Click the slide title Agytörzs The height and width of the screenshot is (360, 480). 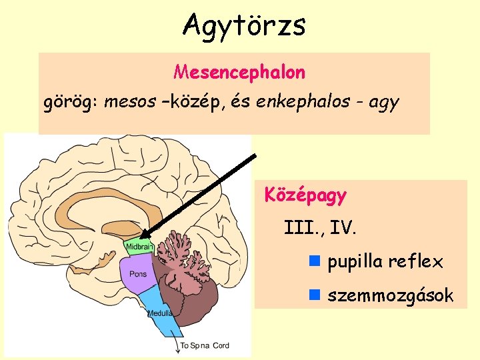pos(244,25)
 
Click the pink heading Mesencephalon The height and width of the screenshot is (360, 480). pos(239,71)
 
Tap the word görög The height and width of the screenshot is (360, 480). pos(65,103)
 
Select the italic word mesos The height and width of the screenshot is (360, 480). pos(127,103)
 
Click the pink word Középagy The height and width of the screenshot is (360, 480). pos(305,196)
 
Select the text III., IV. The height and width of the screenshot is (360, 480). pos(321,229)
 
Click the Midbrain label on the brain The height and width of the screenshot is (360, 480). pos(139,247)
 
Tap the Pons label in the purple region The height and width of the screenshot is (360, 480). pos(138,274)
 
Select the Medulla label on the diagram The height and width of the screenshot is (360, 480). pos(160,312)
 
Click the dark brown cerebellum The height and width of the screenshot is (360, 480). pos(200,293)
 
